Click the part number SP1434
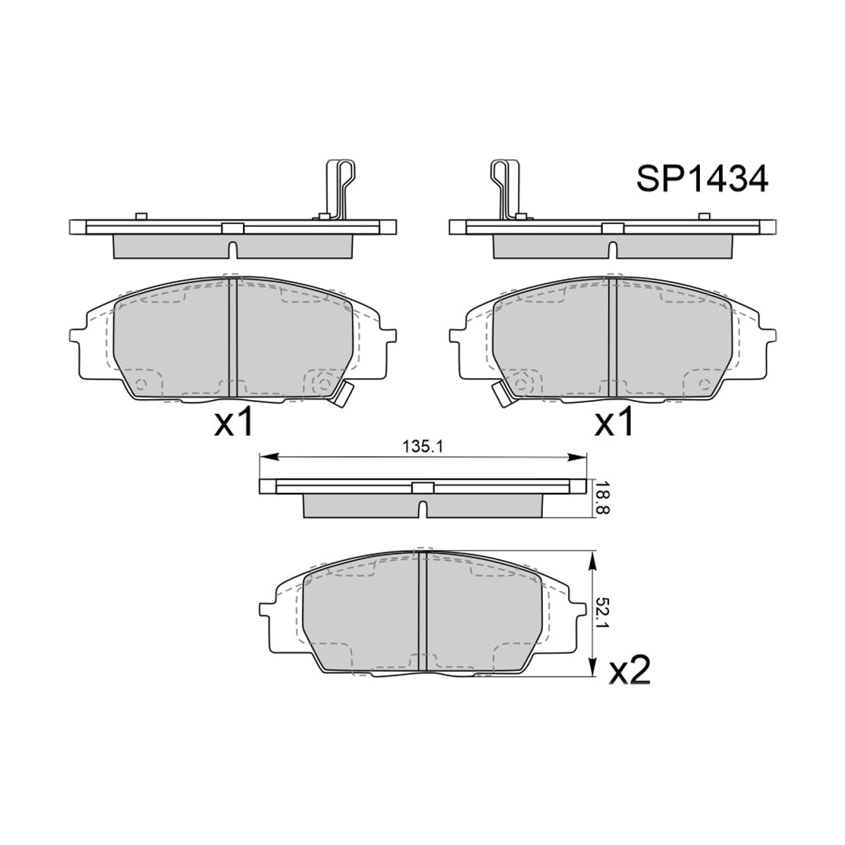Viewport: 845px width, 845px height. (x=701, y=179)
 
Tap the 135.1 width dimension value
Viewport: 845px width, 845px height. (x=423, y=447)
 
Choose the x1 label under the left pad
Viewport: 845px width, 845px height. (x=234, y=421)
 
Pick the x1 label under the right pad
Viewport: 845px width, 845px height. (x=613, y=421)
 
